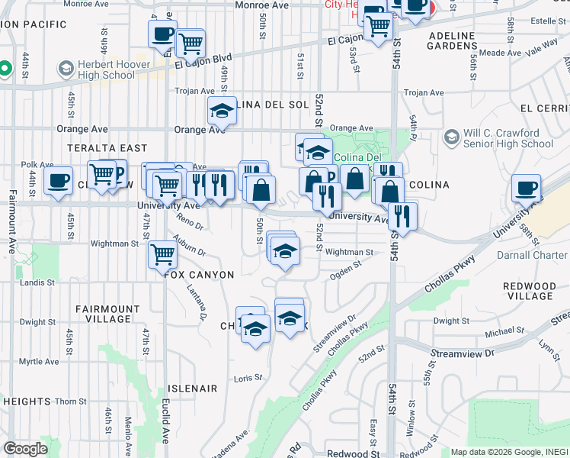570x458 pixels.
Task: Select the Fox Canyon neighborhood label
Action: point(199,274)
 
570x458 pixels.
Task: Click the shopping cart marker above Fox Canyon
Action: point(162,253)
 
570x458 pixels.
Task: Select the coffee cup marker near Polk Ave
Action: point(59,181)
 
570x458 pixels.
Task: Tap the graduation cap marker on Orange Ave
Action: point(222,111)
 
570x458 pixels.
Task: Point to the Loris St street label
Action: point(248,378)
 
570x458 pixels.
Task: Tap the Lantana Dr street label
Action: point(204,301)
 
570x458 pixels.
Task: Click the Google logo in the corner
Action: point(25,449)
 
